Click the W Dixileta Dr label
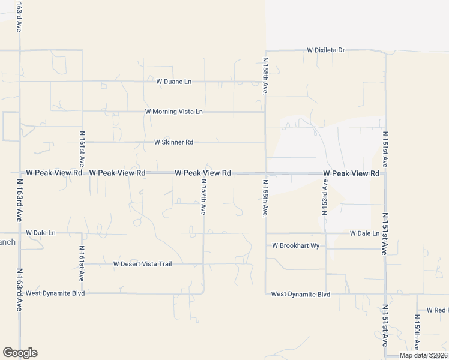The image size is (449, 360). tap(326, 50)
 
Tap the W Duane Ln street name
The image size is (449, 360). tap(173, 82)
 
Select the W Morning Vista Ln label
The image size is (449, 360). tap(174, 112)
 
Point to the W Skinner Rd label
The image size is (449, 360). tap(173, 143)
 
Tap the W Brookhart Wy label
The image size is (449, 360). tap(296, 245)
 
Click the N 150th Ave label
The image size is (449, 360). tap(416, 332)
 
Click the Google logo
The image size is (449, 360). tap(20, 353)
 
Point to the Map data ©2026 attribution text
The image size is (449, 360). tap(423, 355)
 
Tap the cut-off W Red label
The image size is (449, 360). tap(438, 310)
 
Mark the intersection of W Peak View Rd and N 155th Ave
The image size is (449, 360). tap(265, 173)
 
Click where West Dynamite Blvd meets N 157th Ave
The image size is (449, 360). tap(203, 293)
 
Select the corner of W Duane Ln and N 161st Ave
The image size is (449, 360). tap(82, 82)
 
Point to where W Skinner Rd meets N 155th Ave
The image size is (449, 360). tap(265, 143)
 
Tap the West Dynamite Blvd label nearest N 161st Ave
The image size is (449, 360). tap(55, 293)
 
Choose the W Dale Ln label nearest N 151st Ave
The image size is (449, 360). tap(364, 233)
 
